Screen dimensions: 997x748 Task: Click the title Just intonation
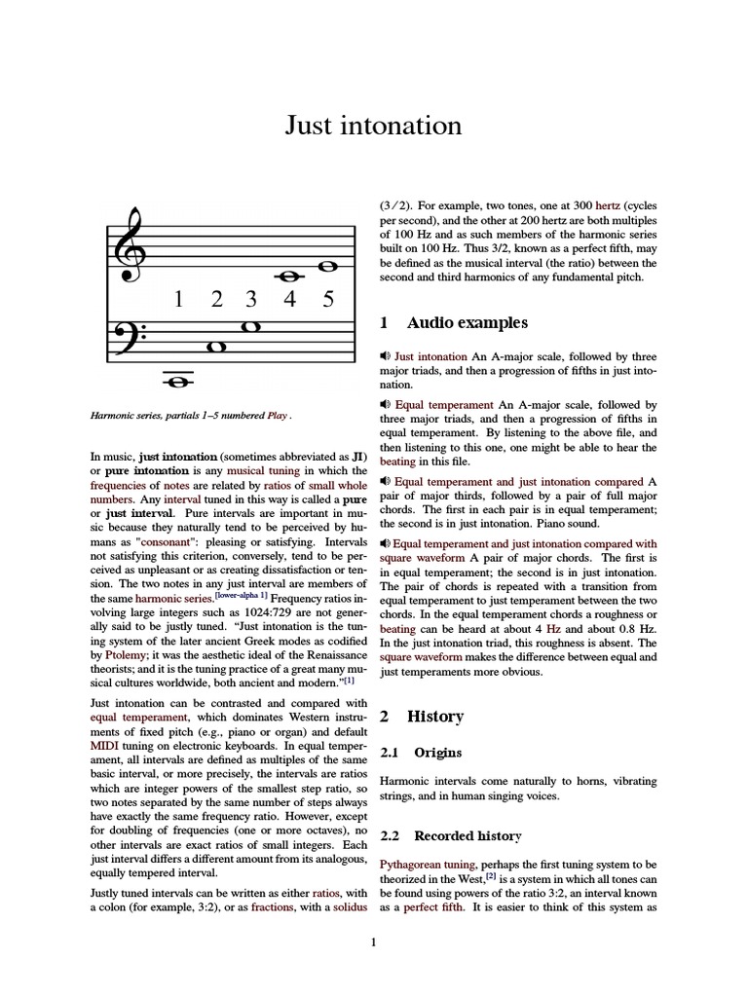pyautogui.click(x=373, y=126)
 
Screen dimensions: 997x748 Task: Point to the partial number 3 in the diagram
pyautogui.click(x=251, y=299)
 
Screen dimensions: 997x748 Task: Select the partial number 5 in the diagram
pyautogui.click(x=327, y=299)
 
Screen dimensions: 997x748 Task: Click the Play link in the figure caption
pyautogui.click(x=278, y=416)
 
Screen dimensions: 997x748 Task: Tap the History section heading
pyautogui.click(x=434, y=716)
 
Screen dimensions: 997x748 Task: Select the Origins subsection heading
pyautogui.click(x=438, y=753)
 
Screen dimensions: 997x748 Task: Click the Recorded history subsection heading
pyautogui.click(x=467, y=835)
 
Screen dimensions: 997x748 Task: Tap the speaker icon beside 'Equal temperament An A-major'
pyautogui.click(x=386, y=405)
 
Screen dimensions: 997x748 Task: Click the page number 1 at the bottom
pyautogui.click(x=373, y=942)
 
